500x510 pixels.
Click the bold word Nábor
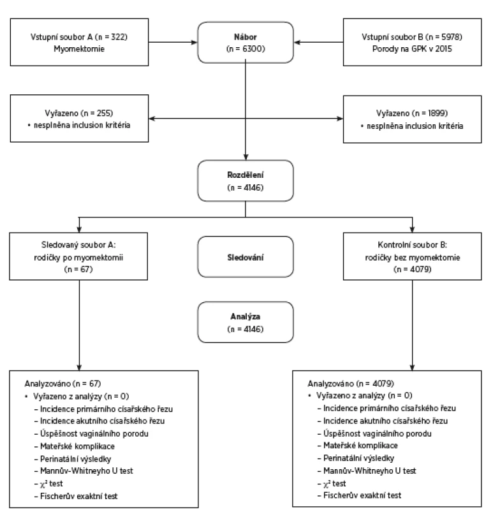(246, 37)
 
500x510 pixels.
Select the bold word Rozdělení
(246, 175)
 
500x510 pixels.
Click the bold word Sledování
(246, 258)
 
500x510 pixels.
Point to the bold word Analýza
(246, 316)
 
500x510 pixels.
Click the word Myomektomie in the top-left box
(79, 49)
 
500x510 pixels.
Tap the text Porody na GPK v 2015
(412, 49)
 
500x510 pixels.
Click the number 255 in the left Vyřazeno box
(104, 113)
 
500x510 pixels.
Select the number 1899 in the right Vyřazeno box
(437, 113)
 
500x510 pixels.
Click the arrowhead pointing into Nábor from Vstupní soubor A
(195, 42)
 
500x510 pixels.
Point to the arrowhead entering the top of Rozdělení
(246, 157)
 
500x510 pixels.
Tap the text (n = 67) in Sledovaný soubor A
(78, 269)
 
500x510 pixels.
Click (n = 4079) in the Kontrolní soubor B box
(412, 269)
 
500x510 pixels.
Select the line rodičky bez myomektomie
(412, 258)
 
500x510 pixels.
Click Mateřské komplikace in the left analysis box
(77, 446)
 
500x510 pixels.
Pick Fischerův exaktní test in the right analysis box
(362, 495)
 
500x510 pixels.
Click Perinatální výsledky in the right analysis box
(358, 458)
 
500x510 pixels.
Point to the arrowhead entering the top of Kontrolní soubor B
(412, 229)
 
